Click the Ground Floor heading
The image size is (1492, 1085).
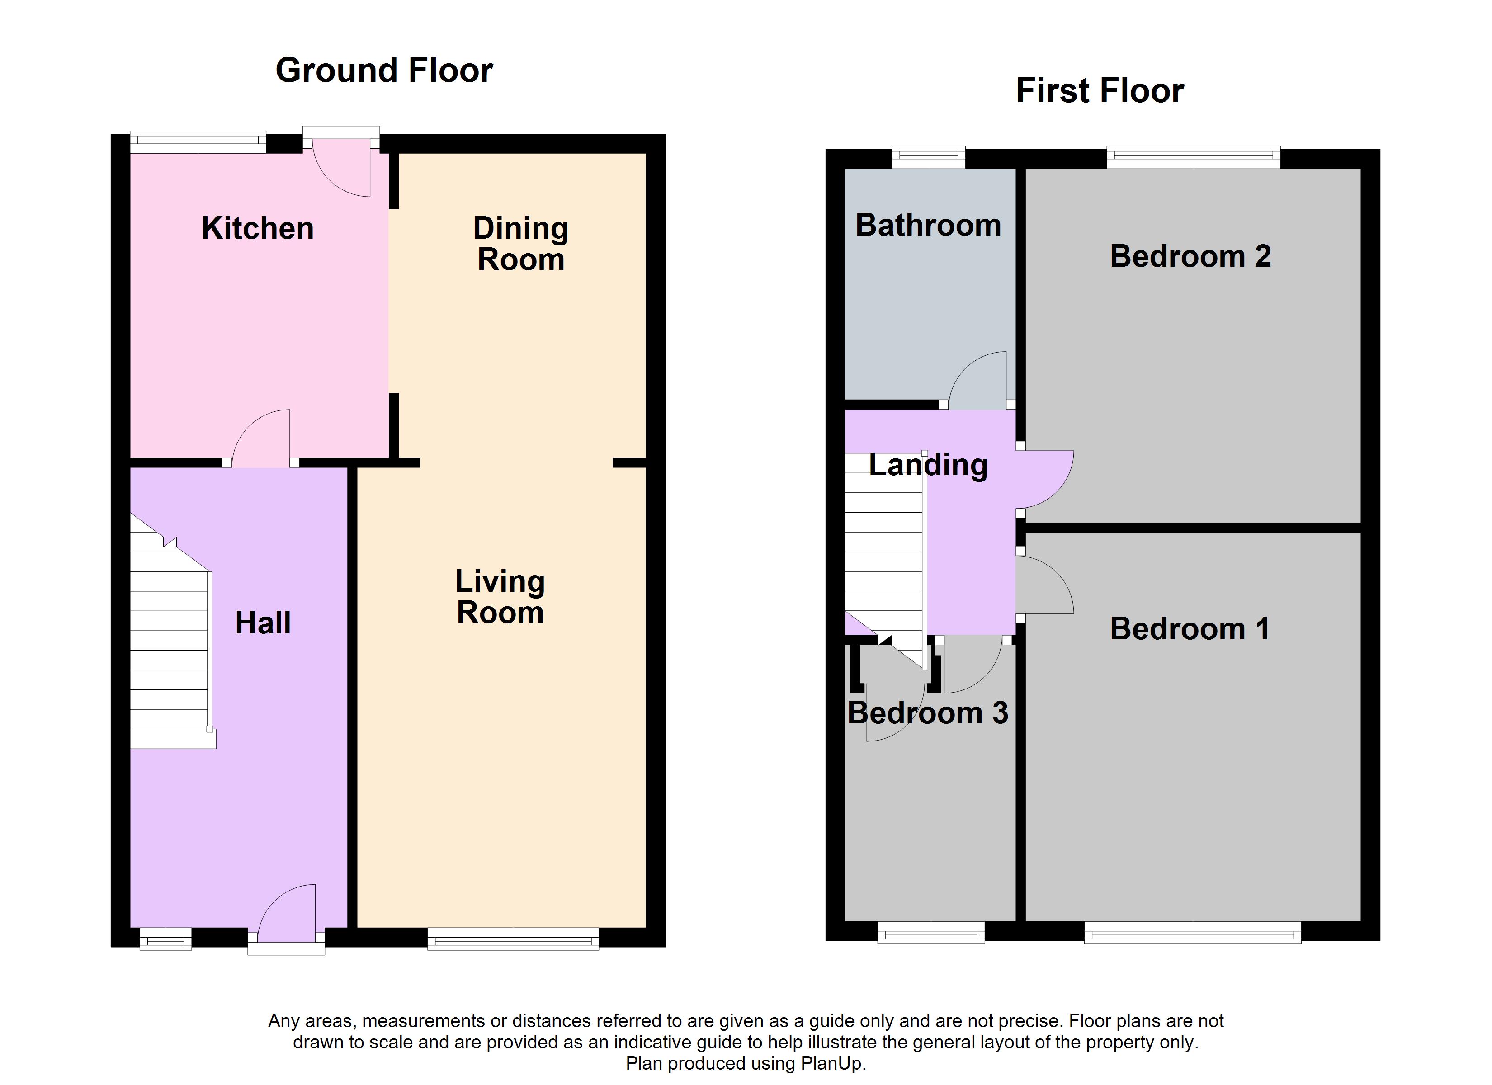tap(384, 71)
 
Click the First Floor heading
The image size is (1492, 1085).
tap(1100, 91)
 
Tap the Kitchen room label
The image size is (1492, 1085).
tap(257, 228)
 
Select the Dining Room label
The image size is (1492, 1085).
tap(520, 244)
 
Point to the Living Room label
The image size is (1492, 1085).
tap(500, 597)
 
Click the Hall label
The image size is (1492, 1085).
tap(263, 623)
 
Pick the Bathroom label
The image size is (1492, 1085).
tap(928, 225)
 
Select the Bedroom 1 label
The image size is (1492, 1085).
tap(1190, 628)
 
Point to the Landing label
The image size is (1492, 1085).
tap(928, 465)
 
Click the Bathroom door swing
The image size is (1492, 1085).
tap(977, 380)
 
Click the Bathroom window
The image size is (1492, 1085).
tap(928, 157)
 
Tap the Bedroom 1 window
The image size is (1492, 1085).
tap(1193, 932)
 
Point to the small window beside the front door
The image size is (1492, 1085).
tap(166, 939)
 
